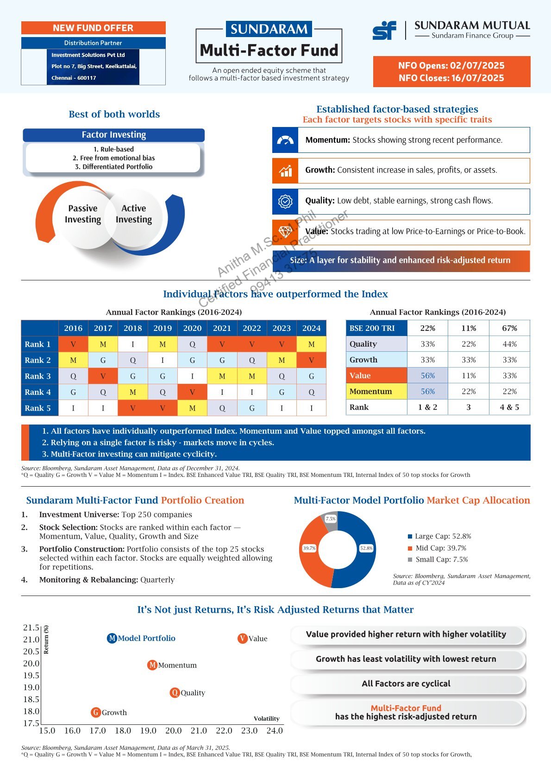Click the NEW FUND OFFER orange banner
93,28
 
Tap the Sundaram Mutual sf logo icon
384,31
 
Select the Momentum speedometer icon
285,140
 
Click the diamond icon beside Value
285,232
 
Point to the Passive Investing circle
83,214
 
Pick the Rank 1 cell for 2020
192,344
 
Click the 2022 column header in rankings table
251,328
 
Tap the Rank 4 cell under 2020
192,392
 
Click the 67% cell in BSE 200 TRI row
509,328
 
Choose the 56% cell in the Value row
427,376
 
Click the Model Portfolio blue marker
112,638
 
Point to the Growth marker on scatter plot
96,712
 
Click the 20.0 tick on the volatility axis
173,730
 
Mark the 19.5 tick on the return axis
31,675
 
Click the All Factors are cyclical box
406,684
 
